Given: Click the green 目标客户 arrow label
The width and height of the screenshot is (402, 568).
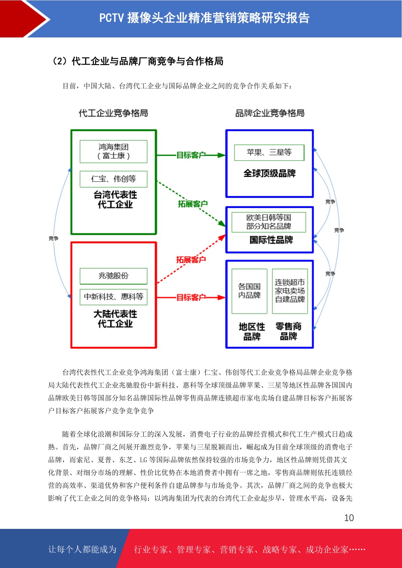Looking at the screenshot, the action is (191, 155).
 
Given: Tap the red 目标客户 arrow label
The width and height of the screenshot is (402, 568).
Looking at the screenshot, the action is (191, 297).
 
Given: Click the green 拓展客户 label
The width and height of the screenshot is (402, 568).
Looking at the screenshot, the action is (193, 204).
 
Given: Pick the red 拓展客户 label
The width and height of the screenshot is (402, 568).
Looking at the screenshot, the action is (191, 259).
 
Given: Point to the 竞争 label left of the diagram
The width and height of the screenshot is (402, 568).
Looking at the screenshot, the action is (54, 238).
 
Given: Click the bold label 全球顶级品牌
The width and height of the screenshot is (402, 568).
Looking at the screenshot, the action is (270, 173).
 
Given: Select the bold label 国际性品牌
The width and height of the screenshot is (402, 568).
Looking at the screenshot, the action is (271, 239).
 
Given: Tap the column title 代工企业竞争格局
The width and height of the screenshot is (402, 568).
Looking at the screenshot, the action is (113, 113).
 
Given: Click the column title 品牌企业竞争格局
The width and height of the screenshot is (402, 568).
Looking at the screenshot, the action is (270, 113).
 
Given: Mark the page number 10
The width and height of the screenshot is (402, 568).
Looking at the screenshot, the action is (349, 518).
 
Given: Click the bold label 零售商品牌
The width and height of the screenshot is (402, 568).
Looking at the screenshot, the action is (288, 331).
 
